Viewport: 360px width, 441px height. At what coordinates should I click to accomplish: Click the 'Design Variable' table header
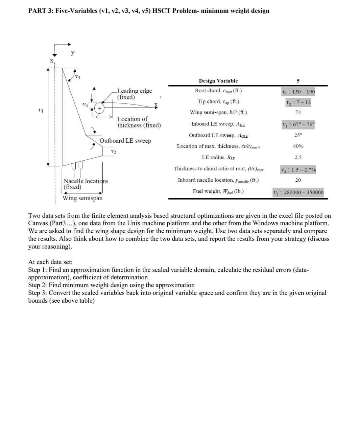(x=218, y=81)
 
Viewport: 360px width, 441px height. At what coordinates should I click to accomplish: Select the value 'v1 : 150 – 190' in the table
(x=298, y=92)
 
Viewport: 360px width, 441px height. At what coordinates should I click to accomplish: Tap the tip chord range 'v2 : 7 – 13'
(x=298, y=102)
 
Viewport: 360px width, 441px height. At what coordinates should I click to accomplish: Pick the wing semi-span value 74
(x=298, y=113)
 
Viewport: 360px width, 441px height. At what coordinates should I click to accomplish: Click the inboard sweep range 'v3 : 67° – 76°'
(x=298, y=124)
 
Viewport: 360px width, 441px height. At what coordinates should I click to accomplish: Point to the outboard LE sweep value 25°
(x=298, y=135)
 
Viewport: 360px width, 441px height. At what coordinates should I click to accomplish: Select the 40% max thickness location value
(x=298, y=146)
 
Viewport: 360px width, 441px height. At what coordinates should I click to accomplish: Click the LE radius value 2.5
(x=298, y=158)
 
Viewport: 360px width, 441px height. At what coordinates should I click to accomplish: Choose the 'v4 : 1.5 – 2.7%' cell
(x=298, y=170)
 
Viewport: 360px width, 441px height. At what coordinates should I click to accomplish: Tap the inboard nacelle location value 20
(x=298, y=180)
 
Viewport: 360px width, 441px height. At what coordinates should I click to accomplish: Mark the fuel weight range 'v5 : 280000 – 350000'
(x=298, y=193)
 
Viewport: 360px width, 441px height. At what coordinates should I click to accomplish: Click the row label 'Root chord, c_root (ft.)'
(x=218, y=91)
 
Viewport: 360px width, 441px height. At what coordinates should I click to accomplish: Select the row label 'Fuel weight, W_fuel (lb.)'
(x=218, y=191)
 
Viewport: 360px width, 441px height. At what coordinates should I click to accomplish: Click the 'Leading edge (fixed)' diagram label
(x=134, y=94)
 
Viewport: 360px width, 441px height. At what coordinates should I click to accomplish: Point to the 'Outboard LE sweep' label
(x=125, y=141)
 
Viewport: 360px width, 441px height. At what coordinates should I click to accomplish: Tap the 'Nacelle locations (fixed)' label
(x=86, y=184)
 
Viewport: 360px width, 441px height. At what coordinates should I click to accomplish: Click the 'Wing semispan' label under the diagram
(x=82, y=198)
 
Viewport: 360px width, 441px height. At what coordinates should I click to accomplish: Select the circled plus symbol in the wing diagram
(x=100, y=108)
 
